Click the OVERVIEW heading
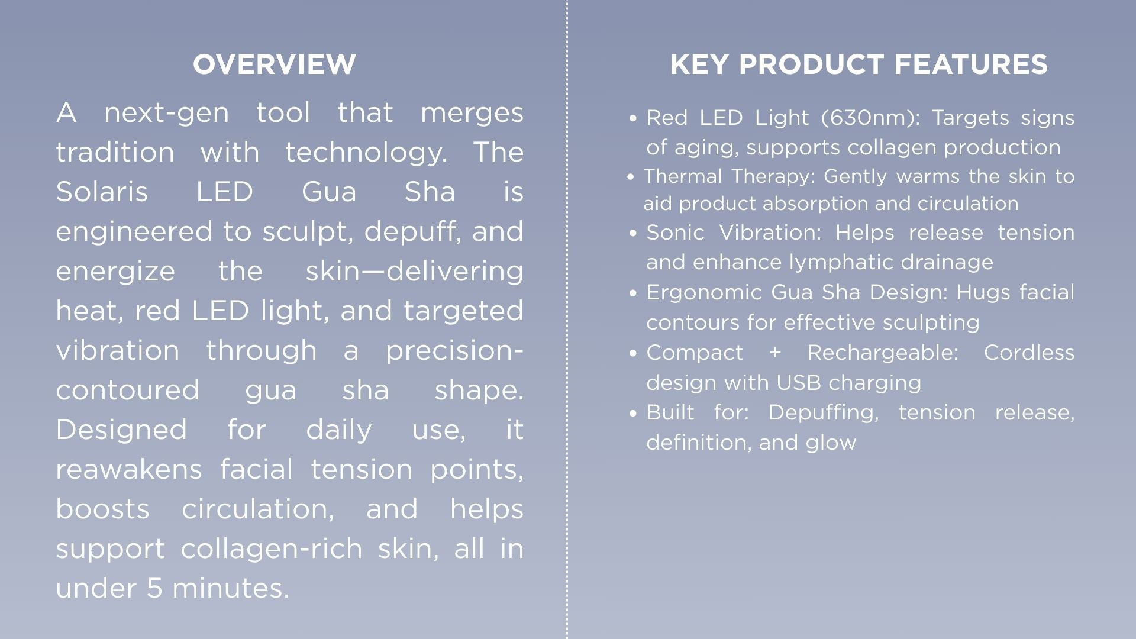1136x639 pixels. point(275,64)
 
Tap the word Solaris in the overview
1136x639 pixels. point(102,192)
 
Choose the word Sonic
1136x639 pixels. point(675,233)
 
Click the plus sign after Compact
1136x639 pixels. point(775,353)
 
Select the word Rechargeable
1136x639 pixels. point(882,353)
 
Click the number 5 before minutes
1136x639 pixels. point(154,588)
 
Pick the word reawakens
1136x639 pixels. point(129,470)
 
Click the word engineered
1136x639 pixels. point(134,232)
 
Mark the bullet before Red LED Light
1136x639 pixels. point(634,119)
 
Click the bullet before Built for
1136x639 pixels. point(634,414)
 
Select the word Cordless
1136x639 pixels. point(1029,353)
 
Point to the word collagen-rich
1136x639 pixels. point(271,548)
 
